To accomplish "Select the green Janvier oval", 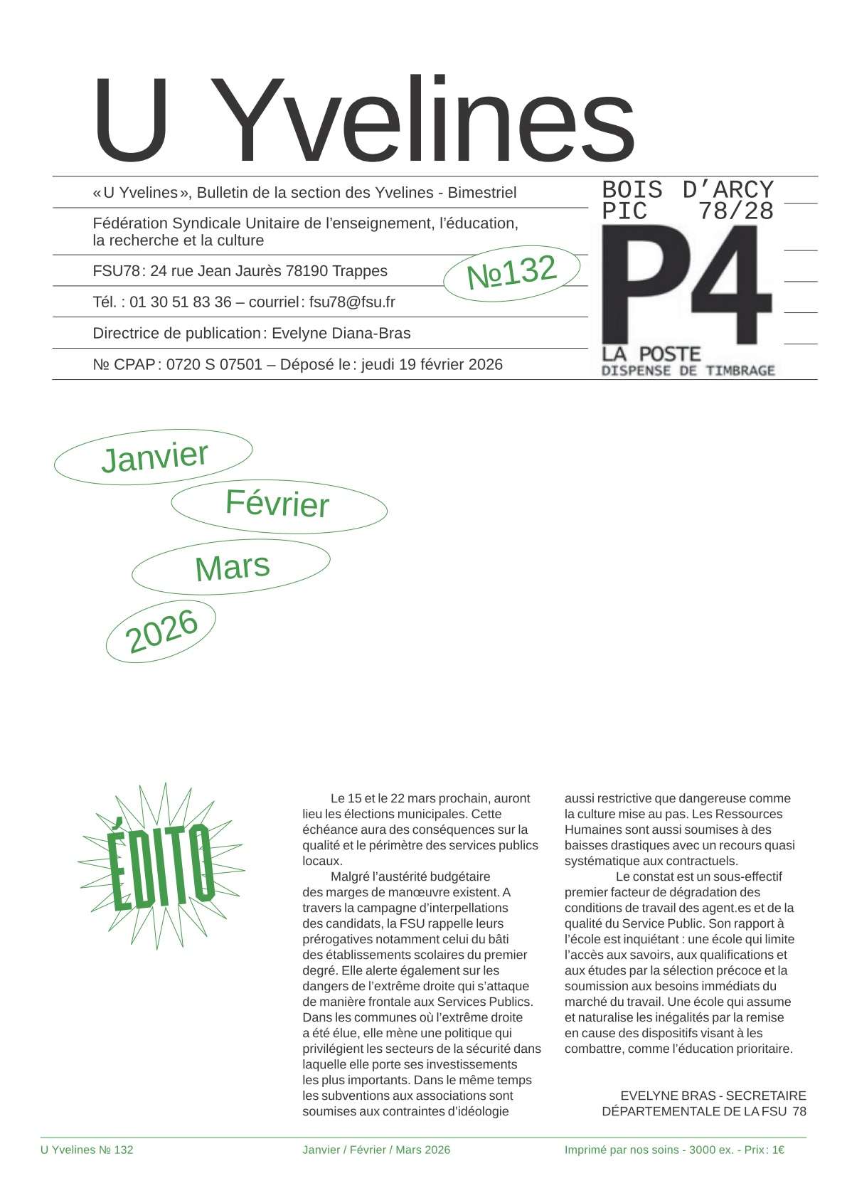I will click(x=154, y=457).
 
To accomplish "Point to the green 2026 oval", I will click(x=161, y=631).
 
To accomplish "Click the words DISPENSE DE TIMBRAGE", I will click(x=688, y=370).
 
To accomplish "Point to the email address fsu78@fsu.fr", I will click(x=352, y=302).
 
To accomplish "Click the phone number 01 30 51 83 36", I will click(x=181, y=302).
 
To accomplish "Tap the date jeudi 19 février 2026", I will click(x=432, y=364).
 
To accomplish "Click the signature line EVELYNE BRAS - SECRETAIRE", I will click(x=713, y=1096).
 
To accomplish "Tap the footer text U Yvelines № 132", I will click(x=87, y=1150).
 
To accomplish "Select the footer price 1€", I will click(x=777, y=1150).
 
